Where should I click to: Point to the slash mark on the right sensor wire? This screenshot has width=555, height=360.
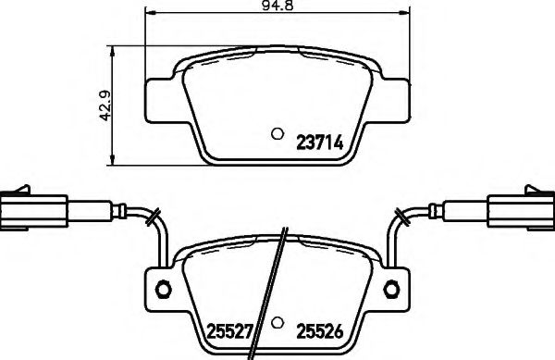point(402,217)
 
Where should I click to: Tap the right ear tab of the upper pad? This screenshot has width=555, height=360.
point(390,97)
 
